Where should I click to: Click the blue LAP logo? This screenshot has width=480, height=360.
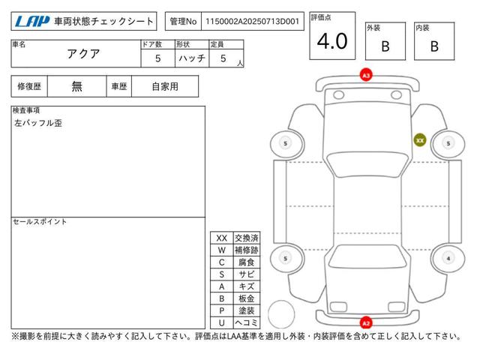[32, 22]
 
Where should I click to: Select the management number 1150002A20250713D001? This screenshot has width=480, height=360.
[252, 22]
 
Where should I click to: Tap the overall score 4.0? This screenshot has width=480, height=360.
[332, 41]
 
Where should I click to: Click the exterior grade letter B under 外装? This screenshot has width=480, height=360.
[385, 46]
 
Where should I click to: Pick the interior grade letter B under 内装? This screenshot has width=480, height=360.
[434, 46]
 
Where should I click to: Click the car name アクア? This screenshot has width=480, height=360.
[83, 54]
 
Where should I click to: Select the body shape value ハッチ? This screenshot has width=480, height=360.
[192, 58]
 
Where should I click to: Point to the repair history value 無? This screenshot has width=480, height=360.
[76, 87]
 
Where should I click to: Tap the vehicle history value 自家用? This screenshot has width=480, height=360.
[165, 87]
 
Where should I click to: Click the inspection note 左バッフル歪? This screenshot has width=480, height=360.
[38, 123]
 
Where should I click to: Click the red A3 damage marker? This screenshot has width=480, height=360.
[366, 75]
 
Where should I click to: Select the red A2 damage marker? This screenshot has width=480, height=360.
[366, 323]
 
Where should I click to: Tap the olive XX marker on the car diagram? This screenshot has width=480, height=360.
[420, 140]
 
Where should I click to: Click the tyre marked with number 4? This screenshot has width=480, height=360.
[448, 258]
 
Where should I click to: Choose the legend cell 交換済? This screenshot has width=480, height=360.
[247, 238]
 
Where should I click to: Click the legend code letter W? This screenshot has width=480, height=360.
[222, 250]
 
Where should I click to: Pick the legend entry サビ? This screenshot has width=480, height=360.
[247, 274]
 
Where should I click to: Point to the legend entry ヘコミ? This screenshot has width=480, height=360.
[247, 322]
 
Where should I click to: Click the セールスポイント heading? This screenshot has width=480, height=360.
[40, 222]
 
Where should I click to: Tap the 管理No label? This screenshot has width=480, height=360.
[183, 22]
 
